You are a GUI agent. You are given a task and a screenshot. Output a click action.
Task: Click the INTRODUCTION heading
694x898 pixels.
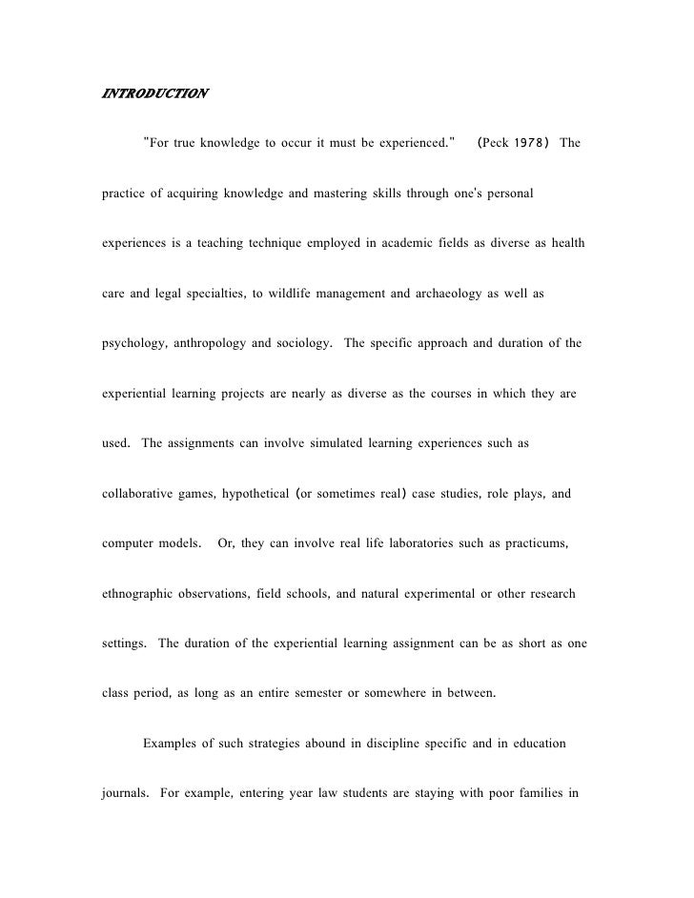153,94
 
